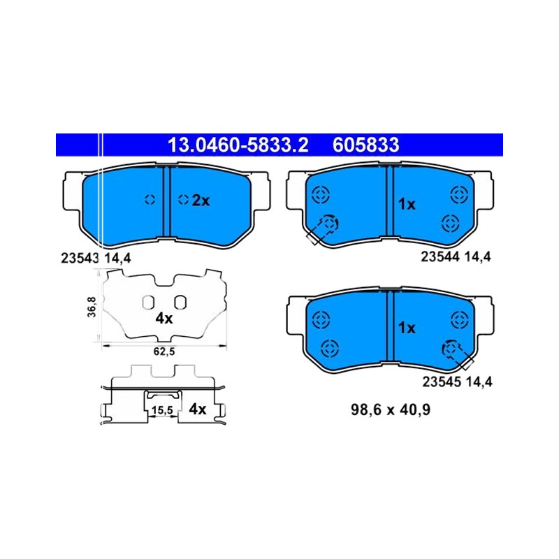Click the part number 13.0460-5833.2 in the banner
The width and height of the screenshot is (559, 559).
click(238, 145)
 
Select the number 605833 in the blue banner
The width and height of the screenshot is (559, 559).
click(365, 145)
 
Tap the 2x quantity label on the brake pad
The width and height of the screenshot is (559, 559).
click(201, 201)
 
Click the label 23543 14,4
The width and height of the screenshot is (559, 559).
click(96, 258)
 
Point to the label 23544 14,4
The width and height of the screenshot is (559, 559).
click(456, 256)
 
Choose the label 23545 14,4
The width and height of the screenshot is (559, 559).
click(458, 382)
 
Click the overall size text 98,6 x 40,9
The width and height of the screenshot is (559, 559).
click(391, 409)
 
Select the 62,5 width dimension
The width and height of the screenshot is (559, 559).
click(164, 351)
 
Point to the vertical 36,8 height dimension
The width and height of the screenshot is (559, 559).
click(92, 307)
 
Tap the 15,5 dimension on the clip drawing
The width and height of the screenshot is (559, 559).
click(162, 410)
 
